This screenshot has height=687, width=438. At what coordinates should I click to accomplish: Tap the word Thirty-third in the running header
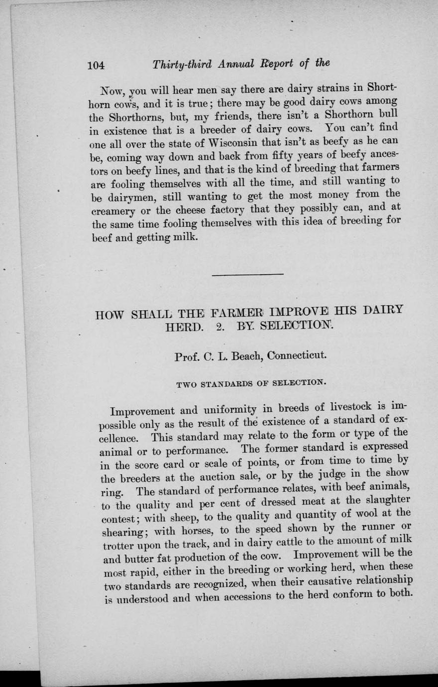point(182,65)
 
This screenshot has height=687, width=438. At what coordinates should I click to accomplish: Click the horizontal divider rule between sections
point(247,274)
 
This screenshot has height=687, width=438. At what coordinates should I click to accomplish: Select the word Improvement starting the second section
point(142,412)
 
